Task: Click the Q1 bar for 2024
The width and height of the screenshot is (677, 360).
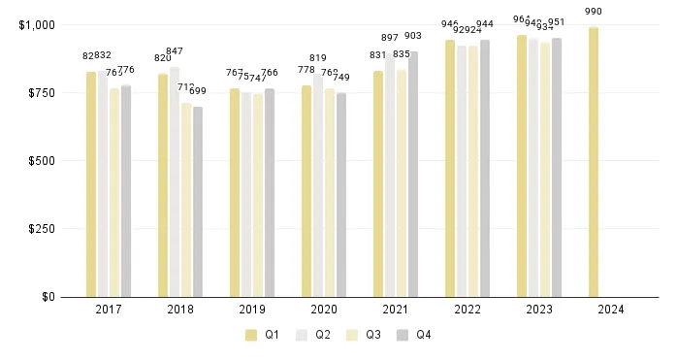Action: point(593,162)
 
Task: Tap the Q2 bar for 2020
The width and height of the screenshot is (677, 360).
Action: point(318,185)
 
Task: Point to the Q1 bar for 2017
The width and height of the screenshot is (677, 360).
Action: point(91,184)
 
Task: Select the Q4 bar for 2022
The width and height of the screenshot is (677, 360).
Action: point(485,169)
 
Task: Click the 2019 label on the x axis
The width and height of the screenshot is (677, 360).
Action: point(253,311)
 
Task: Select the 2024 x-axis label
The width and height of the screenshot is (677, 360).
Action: point(611,311)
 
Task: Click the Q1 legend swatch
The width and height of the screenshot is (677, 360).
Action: point(251,335)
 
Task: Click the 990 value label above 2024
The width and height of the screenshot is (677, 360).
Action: point(593,12)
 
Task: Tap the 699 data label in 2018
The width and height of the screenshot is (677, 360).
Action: point(198,90)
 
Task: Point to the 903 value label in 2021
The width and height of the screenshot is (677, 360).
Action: point(413,35)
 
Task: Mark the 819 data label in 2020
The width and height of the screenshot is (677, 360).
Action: point(318,58)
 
